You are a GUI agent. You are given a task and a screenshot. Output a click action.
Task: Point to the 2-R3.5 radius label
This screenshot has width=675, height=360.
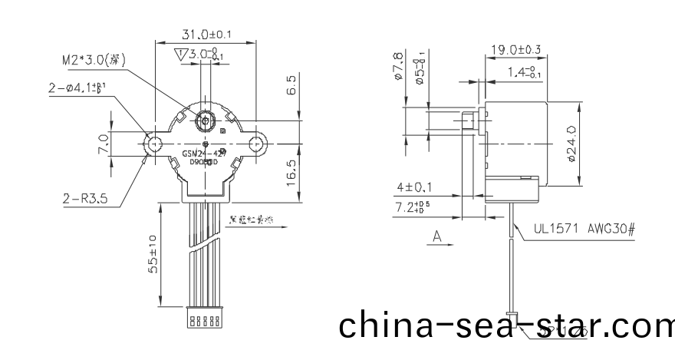[84, 198]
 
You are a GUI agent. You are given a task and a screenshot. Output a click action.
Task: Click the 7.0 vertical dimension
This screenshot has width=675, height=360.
[103, 143]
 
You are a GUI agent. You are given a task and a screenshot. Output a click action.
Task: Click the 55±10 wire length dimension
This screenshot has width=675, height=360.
[153, 254]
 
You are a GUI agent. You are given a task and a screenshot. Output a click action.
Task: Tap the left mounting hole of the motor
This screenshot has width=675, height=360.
[153, 143]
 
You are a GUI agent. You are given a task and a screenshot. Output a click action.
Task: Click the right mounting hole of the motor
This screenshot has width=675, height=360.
[256, 143]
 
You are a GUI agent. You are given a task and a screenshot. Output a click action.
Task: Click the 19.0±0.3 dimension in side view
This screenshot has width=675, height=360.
[515, 51]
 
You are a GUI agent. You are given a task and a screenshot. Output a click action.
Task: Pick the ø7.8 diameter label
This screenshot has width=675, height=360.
[397, 67]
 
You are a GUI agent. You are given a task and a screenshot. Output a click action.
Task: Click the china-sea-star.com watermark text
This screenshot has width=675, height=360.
[506, 325]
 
